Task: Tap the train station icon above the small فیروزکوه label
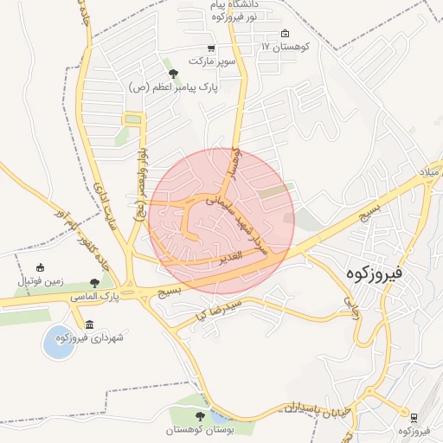(x=414, y=417)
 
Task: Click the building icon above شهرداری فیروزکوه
(x=89, y=324)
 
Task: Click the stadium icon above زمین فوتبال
(x=39, y=269)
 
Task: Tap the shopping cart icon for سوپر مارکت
(x=211, y=50)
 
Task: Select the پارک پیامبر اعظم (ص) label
(x=173, y=87)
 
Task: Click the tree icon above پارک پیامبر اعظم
(x=173, y=74)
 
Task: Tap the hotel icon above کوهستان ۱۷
(x=286, y=35)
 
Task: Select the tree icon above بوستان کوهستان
(x=201, y=416)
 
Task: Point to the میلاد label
(x=429, y=173)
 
